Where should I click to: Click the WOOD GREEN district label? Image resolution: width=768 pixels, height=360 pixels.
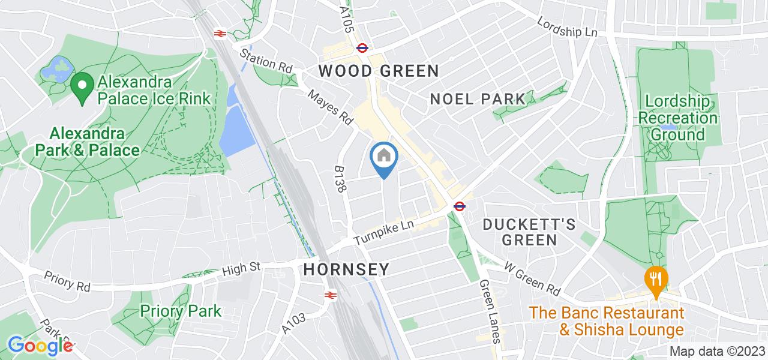tap(379, 71)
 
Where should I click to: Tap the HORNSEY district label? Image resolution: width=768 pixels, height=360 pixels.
tap(346, 269)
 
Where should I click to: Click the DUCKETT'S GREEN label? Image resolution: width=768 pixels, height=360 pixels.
tap(530, 232)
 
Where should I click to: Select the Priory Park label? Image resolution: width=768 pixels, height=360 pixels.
tap(181, 311)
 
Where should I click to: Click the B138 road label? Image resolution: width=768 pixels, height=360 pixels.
tap(341, 179)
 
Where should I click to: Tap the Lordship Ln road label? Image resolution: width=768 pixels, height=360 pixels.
tap(568, 25)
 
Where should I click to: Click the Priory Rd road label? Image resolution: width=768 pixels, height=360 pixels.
tap(67, 281)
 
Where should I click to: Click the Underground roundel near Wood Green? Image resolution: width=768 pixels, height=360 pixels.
tap(362, 47)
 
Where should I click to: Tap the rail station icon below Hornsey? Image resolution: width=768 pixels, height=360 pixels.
tap(329, 295)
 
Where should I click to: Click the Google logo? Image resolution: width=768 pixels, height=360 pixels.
tap(41, 346)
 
